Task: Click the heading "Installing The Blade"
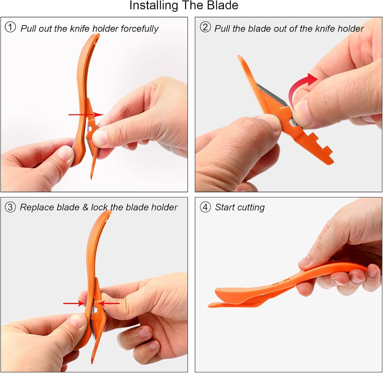click(x=184, y=6)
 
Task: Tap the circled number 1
click(x=10, y=27)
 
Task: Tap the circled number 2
click(x=205, y=27)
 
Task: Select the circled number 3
click(x=10, y=207)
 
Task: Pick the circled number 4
click(x=205, y=207)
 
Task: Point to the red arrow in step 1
click(x=86, y=115)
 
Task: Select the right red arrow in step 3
click(x=109, y=303)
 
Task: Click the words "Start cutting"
click(x=240, y=208)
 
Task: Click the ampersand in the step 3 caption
click(x=85, y=207)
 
